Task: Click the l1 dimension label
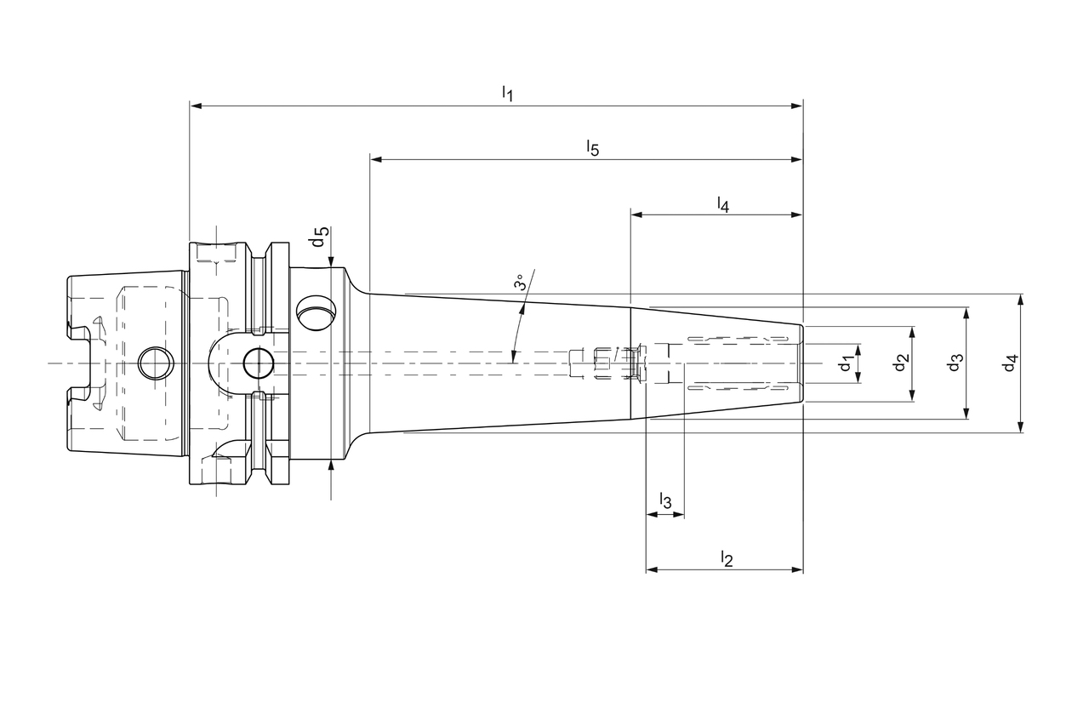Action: [507, 93]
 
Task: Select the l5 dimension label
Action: [592, 148]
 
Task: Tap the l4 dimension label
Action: [722, 204]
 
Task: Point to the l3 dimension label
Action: [665, 501]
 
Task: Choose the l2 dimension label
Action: [726, 558]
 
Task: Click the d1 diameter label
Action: [845, 364]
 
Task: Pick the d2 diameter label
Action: [901, 363]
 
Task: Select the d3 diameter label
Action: [955, 363]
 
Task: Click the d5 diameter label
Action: [319, 237]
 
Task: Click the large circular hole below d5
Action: [316, 312]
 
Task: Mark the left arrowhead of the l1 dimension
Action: [195, 106]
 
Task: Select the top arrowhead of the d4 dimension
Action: [1021, 300]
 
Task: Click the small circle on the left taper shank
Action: [156, 364]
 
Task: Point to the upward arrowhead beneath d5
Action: [331, 466]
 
